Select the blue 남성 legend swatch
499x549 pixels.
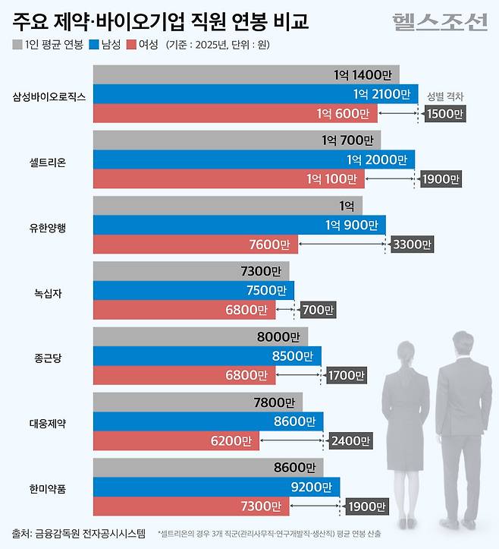pyautogui.click(x=94, y=44)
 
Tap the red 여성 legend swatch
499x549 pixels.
pyautogui.click(x=133, y=44)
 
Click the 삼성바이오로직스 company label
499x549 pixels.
pyautogui.click(x=49, y=96)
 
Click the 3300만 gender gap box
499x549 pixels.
pyautogui.click(x=412, y=245)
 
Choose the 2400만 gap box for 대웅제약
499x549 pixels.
pyautogui.click(x=351, y=441)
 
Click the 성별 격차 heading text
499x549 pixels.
pyautogui.click(x=445, y=96)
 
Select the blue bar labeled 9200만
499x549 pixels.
pyautogui.click(x=216, y=487)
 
